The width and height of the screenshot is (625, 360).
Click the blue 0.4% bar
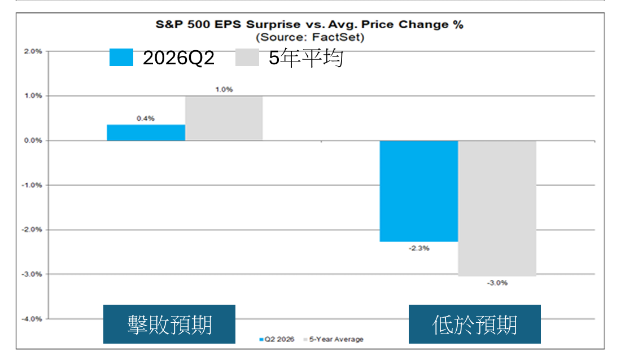point(146,133)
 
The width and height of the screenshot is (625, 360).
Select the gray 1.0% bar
point(224,118)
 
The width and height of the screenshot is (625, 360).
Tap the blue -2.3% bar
point(419,191)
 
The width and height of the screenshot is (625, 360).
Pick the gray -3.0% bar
point(497,208)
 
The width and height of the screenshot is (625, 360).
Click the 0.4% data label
point(146,118)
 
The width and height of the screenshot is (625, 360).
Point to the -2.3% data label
point(419,248)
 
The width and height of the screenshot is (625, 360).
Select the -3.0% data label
point(497,283)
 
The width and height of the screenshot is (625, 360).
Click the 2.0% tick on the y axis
point(33,51)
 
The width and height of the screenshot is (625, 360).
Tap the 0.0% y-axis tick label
point(33,141)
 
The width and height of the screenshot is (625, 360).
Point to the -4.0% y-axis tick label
point(32,319)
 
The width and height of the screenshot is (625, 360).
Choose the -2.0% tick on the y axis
point(32,230)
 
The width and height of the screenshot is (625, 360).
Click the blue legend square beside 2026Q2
point(121,58)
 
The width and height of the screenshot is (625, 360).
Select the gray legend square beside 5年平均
point(247,58)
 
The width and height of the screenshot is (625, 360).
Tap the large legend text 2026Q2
point(178,58)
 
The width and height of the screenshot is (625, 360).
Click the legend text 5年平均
point(305,58)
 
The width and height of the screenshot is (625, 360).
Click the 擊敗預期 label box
point(169,324)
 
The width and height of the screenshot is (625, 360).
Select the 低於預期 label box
point(475,324)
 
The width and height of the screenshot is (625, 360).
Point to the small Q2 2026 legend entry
point(277,339)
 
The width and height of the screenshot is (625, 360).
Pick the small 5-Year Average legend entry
point(334,339)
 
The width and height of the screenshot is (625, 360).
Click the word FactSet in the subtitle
point(336,37)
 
